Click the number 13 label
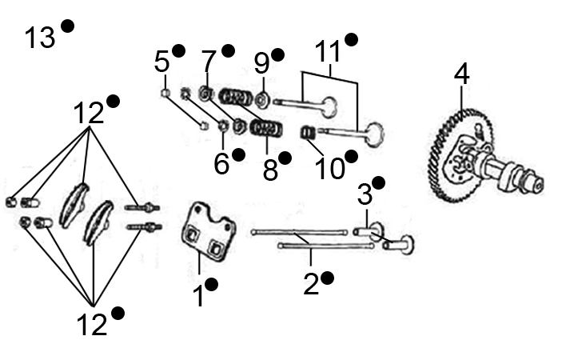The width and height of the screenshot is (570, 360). pos(39,37)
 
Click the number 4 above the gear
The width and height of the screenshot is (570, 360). pos(461,74)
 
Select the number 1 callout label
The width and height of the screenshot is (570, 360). pos(197,297)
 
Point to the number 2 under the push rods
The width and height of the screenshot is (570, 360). pos(311,284)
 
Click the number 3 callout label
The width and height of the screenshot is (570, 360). pos(365,194)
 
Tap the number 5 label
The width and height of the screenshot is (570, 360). pos(162,61)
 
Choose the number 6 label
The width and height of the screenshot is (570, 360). pos(221,163)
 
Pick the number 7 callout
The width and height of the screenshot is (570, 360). pos(209,61)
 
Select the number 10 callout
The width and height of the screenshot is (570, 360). pos(329,167)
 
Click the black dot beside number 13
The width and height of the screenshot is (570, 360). pos(67,26)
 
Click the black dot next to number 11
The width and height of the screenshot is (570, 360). pos(351,39)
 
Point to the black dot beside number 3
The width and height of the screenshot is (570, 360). pos(378,182)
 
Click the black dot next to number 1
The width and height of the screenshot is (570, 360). pos(212,284)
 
